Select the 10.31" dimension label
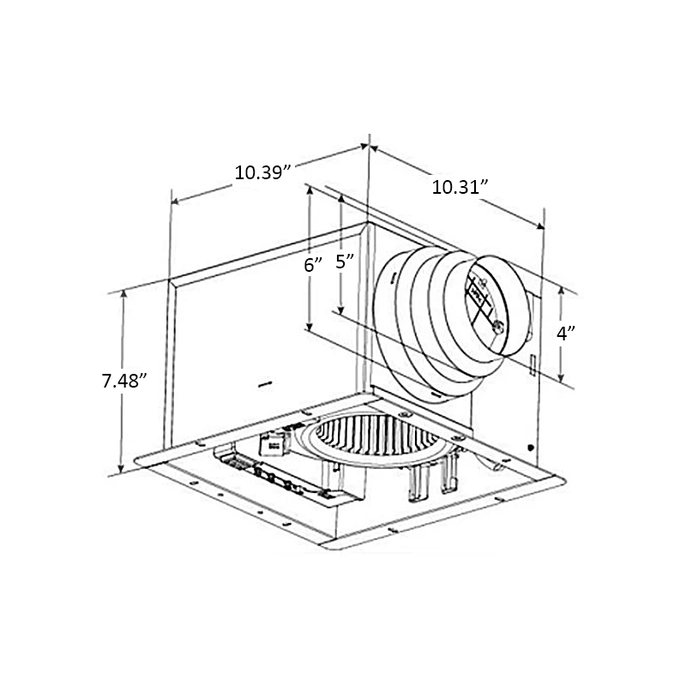pyautogui.click(x=460, y=186)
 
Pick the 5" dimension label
pyautogui.click(x=345, y=262)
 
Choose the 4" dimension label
pyautogui.click(x=563, y=334)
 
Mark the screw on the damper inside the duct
pyautogui.click(x=496, y=325)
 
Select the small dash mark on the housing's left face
pyautogui.click(x=264, y=382)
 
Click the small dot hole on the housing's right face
pyautogui.click(x=530, y=447)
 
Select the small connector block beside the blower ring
pyautogui.click(x=275, y=444)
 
